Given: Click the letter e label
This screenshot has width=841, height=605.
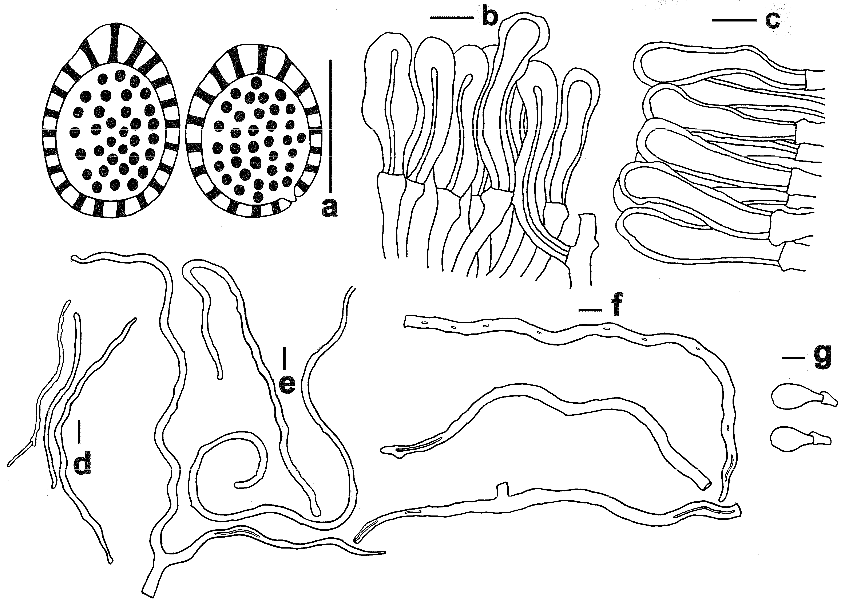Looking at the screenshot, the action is click(x=287, y=384).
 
